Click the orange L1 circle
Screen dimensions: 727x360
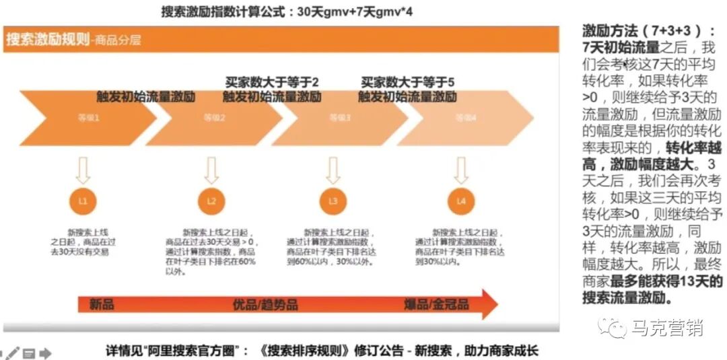pos(83,201)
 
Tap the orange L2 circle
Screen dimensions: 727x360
pos(211,201)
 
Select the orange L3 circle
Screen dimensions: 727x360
pos(333,201)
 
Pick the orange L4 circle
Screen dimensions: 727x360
pos(461,201)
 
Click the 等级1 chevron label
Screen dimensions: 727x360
pos(88,117)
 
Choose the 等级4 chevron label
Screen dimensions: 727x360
pos(465,117)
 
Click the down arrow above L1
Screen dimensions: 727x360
pos(83,170)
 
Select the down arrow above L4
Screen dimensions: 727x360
pos(461,170)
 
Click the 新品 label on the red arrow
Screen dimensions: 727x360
pos(102,304)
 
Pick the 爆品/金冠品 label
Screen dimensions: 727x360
pos(436,304)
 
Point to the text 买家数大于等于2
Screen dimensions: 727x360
pos(272,82)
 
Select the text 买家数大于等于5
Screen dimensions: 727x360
pos(407,82)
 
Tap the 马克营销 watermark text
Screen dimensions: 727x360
pos(667,328)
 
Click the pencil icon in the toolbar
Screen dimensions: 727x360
pos(13,353)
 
